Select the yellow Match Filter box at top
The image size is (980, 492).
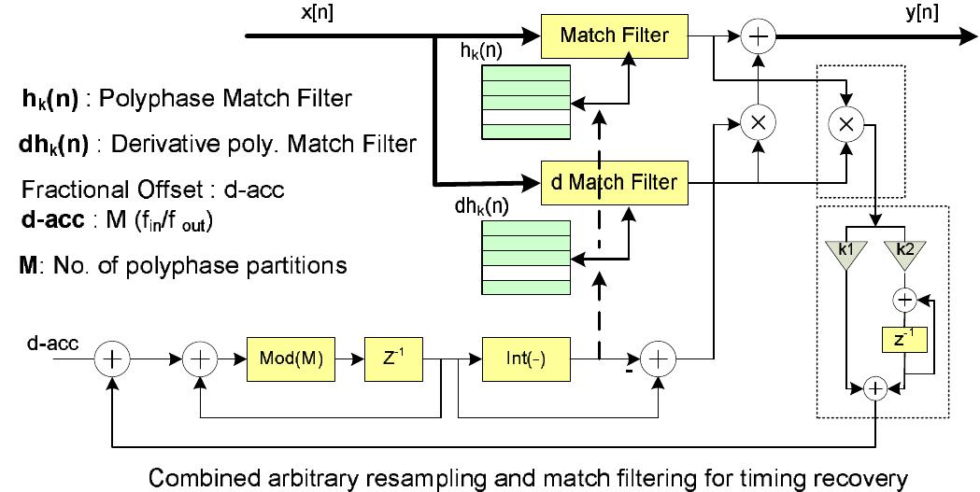pyautogui.click(x=614, y=36)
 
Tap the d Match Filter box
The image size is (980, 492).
pyautogui.click(x=614, y=181)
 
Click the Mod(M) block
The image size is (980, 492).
pyautogui.click(x=291, y=359)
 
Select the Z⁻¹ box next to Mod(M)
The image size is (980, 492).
pyautogui.click(x=389, y=359)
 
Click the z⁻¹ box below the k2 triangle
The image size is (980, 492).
pyautogui.click(x=903, y=341)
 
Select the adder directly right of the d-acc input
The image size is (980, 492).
pyautogui.click(x=113, y=359)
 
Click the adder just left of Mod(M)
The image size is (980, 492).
pyautogui.click(x=199, y=359)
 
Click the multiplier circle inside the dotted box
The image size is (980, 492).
pyautogui.click(x=846, y=128)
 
